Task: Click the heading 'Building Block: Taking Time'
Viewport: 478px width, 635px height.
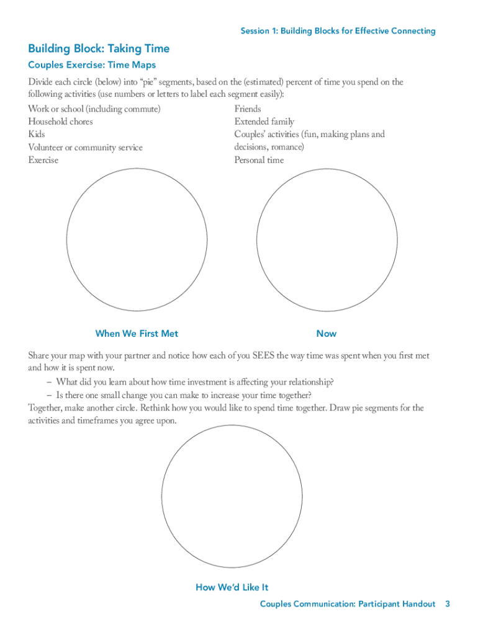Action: pyautogui.click(x=99, y=49)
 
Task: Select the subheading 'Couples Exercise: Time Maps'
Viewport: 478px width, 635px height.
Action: pyautogui.click(x=92, y=64)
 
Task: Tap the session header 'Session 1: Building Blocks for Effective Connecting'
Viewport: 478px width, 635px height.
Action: pyautogui.click(x=338, y=31)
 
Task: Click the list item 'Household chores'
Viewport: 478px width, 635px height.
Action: pyautogui.click(x=60, y=122)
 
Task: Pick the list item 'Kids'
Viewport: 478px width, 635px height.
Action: pyautogui.click(x=37, y=134)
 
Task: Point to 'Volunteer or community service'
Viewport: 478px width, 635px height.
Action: pyautogui.click(x=85, y=148)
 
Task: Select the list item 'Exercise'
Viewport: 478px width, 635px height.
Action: pyautogui.click(x=43, y=160)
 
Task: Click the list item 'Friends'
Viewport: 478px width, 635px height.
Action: pyautogui.click(x=248, y=109)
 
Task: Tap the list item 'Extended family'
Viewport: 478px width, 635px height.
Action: pyautogui.click(x=264, y=122)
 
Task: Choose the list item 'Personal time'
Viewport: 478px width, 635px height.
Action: pyautogui.click(x=259, y=160)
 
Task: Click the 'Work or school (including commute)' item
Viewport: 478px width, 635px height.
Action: pyautogui.click(x=94, y=109)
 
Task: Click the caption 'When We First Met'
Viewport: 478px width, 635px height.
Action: pyautogui.click(x=137, y=334)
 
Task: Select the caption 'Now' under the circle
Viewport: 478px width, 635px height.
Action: pyautogui.click(x=327, y=334)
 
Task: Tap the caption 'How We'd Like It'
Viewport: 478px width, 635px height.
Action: pyautogui.click(x=232, y=587)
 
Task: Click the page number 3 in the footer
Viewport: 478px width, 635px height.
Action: pyautogui.click(x=447, y=604)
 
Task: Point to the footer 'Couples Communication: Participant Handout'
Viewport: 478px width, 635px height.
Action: pyautogui.click(x=348, y=604)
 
